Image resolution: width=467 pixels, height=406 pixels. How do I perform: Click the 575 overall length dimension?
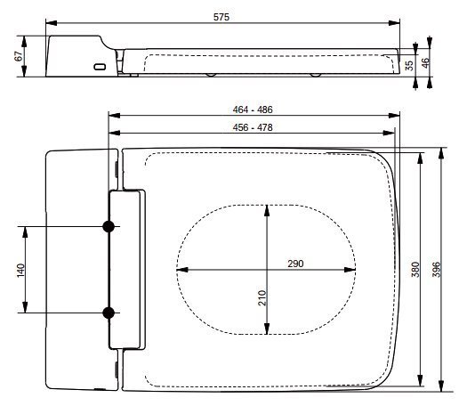[x=221, y=17]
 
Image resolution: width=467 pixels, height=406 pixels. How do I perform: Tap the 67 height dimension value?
[x=19, y=56]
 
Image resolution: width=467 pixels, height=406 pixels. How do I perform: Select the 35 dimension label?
[x=410, y=66]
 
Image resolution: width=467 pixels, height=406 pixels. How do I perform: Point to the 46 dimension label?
[x=426, y=62]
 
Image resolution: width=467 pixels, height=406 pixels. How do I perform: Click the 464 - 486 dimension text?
[x=253, y=110]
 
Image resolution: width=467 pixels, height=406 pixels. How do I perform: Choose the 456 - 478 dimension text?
[x=253, y=127]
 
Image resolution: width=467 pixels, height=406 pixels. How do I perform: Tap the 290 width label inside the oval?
[x=295, y=264]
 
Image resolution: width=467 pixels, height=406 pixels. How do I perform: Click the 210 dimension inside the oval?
[x=262, y=297]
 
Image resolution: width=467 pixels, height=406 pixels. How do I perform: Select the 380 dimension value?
[x=415, y=270]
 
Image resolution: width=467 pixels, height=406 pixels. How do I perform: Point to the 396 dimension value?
[x=437, y=270]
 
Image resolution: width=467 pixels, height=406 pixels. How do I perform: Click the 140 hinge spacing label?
[x=20, y=270]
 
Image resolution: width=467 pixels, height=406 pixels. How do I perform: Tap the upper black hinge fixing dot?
[x=109, y=226]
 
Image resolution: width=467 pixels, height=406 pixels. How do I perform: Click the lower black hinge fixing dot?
[x=109, y=313]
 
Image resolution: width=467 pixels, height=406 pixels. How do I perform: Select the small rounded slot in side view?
[x=100, y=67]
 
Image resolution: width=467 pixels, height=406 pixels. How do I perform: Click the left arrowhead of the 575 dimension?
[x=52, y=23]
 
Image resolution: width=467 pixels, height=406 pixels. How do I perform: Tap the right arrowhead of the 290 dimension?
[x=350, y=270]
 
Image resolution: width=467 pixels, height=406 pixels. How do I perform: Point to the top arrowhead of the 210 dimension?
[x=267, y=211]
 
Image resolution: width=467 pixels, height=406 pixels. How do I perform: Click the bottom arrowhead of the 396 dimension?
[x=442, y=386]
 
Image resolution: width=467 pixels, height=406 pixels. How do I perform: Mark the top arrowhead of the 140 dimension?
[x=25, y=232]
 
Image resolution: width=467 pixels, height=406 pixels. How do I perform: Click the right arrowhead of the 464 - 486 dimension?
[x=394, y=116]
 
